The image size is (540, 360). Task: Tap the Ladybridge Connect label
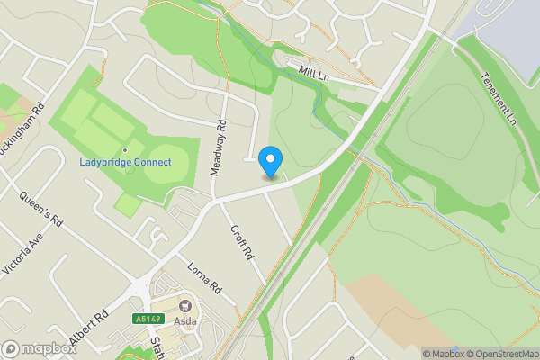pyautogui.click(x=125, y=163)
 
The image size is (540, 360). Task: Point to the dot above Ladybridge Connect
pyautogui.click(x=125, y=150)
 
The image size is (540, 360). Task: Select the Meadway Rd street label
pyautogui.click(x=216, y=148)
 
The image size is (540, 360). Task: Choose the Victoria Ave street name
pyautogui.click(x=23, y=256)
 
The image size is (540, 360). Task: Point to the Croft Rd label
pyautogui.click(x=241, y=243)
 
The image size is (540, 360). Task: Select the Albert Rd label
pyautogui.click(x=89, y=330)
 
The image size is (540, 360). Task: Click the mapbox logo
pyautogui.click(x=38, y=348)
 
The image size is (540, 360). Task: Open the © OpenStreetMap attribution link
pyautogui.click(x=497, y=354)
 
